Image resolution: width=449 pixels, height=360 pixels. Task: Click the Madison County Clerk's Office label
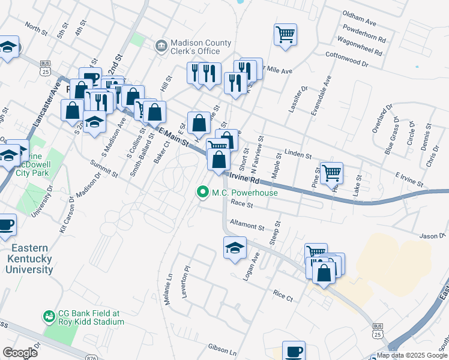point(200,47)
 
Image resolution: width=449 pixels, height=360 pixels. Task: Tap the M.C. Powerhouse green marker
point(203,193)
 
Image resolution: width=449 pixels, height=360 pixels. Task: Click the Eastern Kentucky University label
point(30,258)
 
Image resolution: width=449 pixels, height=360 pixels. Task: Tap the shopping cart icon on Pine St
point(331,173)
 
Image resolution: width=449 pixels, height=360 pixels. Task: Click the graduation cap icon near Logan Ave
point(235,247)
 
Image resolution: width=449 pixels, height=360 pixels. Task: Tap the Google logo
point(20,352)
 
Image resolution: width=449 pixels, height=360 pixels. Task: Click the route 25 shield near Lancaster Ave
point(44,71)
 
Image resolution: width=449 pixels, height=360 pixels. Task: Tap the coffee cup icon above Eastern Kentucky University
point(5,225)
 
